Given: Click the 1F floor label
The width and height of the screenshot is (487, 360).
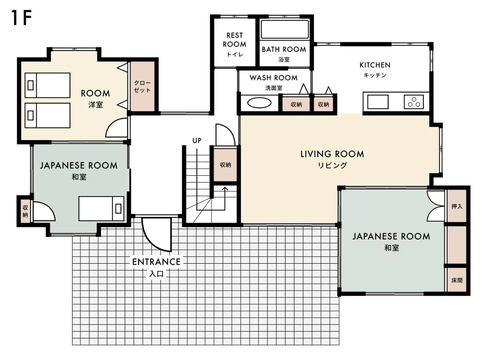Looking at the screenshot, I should tap(21, 18).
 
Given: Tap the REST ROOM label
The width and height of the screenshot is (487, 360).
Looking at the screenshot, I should tap(234, 40).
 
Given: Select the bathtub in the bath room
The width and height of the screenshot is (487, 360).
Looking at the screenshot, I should tap(285, 29).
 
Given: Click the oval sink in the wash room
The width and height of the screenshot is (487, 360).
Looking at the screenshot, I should tap(259, 103).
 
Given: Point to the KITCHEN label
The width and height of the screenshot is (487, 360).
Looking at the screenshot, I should tap(375, 65).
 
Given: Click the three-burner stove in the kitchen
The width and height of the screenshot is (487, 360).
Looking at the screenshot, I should tap(414, 102).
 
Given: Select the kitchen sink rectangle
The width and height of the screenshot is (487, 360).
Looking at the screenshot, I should tap(378, 102).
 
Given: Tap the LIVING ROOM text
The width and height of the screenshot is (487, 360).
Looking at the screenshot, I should tap(332, 154).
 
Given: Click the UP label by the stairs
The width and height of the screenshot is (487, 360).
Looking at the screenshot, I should tap(197, 141).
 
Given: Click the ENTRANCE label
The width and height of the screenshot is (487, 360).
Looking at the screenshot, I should tap(156, 262).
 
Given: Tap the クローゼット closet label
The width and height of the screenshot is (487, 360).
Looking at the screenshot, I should tap(142, 86).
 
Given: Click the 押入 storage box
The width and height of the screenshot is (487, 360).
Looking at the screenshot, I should tap(456, 206).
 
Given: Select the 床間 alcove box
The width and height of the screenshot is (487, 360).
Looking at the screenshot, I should tap(456, 280).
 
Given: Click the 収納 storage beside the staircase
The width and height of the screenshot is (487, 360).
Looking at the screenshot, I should tap(225, 165).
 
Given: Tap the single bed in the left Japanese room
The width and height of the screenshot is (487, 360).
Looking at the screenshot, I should tap(101, 209).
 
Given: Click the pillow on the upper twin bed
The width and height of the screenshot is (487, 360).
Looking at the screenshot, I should tap(31, 85).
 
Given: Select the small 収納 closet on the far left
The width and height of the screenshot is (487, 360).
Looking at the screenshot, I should tap(25, 211).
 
